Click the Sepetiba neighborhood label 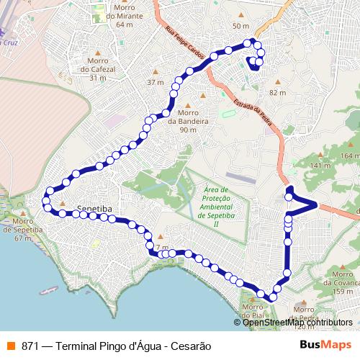96,205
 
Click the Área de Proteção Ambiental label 216,205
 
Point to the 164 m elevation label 350,156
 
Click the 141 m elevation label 318,166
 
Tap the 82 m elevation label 277,93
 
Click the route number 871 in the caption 30,346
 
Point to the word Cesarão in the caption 191,346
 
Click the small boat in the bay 49,290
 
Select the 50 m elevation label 240,26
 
